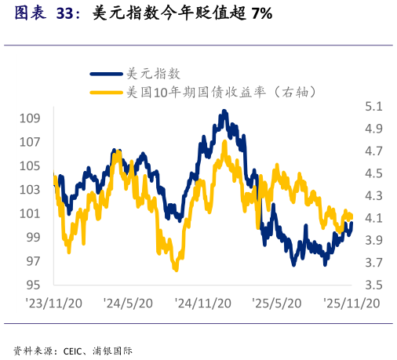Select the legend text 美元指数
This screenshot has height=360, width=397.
154,74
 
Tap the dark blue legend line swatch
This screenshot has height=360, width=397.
107,74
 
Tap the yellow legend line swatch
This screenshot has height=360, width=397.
107,93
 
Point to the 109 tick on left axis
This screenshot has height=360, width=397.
31,118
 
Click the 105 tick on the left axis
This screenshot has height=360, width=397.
31,165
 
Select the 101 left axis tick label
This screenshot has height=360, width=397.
31,213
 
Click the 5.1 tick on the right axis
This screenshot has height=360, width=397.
373,106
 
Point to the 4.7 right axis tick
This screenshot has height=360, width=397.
373,151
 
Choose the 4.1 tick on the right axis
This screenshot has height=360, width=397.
373,217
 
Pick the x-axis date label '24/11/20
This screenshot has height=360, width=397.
202,303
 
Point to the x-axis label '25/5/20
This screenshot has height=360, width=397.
278,303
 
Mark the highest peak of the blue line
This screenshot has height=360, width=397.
224,112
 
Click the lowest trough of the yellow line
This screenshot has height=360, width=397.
175,269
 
